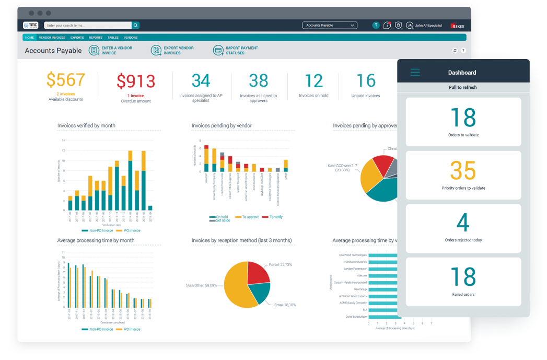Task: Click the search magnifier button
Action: (x=136, y=25)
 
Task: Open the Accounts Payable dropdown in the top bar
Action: (x=330, y=25)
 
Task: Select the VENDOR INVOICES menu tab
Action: (x=52, y=38)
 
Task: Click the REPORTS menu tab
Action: (x=95, y=38)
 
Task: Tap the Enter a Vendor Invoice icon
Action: (x=94, y=50)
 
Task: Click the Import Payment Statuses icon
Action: (x=218, y=50)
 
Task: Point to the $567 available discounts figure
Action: (x=65, y=80)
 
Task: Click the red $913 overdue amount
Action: (x=136, y=82)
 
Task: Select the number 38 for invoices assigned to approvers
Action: (x=258, y=80)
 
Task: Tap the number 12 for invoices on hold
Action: (x=313, y=81)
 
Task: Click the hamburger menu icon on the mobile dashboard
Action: (x=415, y=73)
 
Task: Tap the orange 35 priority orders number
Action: (x=463, y=171)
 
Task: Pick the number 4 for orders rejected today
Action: (x=463, y=223)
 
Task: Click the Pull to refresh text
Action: (x=463, y=87)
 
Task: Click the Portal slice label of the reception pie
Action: (x=281, y=265)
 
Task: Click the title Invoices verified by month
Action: (x=86, y=125)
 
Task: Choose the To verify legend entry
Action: (x=273, y=216)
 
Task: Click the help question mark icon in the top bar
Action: (x=376, y=25)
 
